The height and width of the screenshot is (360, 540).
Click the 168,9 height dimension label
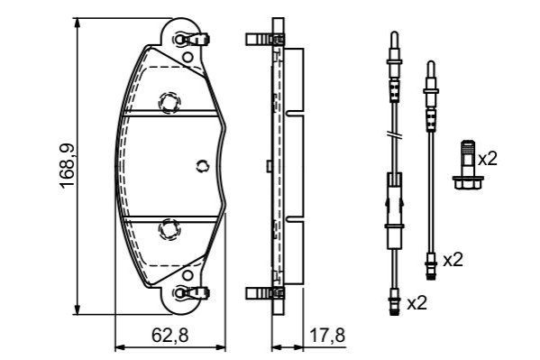click(67, 165)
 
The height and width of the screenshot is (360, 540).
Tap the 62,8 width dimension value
click(170, 335)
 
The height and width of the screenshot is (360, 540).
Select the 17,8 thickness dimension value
click(327, 335)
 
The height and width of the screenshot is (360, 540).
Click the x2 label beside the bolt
click(488, 159)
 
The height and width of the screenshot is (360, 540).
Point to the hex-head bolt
click(468, 165)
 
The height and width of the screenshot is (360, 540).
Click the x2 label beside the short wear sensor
click(453, 260)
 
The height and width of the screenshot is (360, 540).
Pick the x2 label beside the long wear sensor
click(417, 303)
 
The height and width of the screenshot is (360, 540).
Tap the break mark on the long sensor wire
click(394, 135)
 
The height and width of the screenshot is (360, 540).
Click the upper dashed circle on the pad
click(169, 103)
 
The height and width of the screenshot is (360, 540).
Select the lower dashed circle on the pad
click(169, 229)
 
